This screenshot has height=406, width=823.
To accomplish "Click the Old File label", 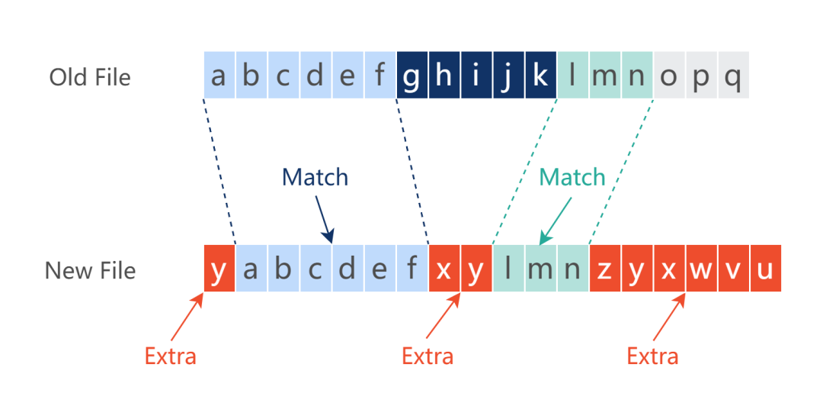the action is pyautogui.click(x=90, y=77).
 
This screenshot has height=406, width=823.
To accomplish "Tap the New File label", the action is pyautogui.click(x=90, y=271).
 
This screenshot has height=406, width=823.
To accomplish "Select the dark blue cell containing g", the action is pyautogui.click(x=412, y=76).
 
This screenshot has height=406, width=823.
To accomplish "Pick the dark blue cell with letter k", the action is pyautogui.click(x=540, y=76).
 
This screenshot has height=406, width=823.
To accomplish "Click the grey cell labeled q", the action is pyautogui.click(x=733, y=76).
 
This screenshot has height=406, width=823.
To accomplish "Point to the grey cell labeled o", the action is pyautogui.click(x=669, y=76).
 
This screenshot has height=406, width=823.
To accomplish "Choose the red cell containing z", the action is pyautogui.click(x=604, y=269).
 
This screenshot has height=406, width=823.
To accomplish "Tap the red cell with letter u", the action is pyautogui.click(x=765, y=269).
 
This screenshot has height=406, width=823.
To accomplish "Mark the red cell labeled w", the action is pyautogui.click(x=701, y=269).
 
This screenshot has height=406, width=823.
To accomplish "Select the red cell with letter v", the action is pyautogui.click(x=733, y=269).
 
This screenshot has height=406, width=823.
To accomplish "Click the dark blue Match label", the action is pyautogui.click(x=315, y=177).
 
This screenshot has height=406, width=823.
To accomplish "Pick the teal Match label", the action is pyautogui.click(x=572, y=177).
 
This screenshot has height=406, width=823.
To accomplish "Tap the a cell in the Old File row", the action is pyautogui.click(x=219, y=76).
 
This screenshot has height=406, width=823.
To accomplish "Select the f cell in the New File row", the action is pyautogui.click(x=412, y=269).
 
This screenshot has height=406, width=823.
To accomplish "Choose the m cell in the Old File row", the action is pyautogui.click(x=604, y=76).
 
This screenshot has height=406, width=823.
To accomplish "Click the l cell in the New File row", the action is pyautogui.click(x=508, y=269).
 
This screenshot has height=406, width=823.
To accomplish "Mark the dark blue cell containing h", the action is pyautogui.click(x=444, y=76).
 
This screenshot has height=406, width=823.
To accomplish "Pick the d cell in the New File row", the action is pyautogui.click(x=347, y=269).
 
